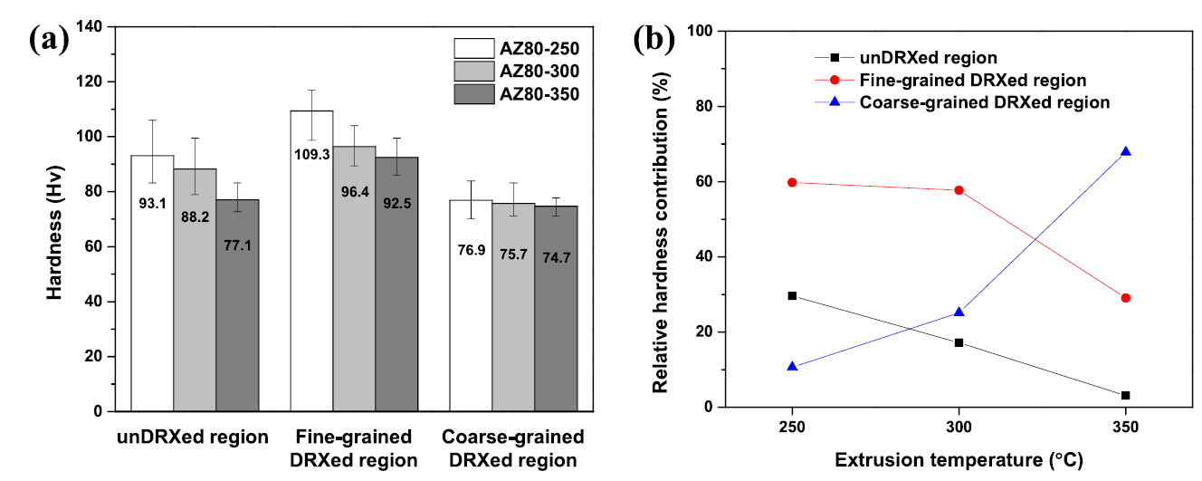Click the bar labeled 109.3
click(311, 263)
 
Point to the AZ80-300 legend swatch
click(473, 71)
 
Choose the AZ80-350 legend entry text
click(539, 93)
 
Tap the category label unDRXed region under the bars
click(194, 438)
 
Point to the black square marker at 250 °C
click(792, 295)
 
